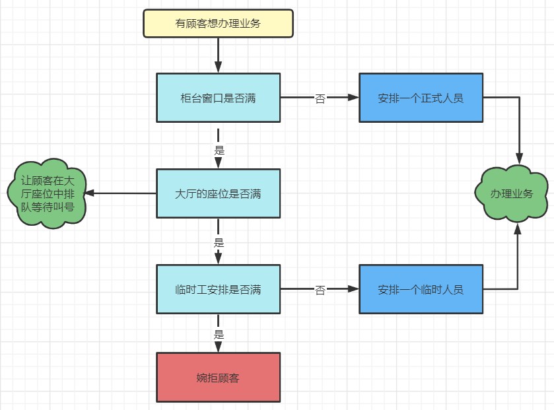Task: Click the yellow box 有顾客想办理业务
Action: pyautogui.click(x=218, y=23)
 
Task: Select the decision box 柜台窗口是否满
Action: pyautogui.click(x=218, y=98)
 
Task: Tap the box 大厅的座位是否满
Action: pyautogui.click(x=218, y=193)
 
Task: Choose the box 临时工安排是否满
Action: pyautogui.click(x=218, y=289)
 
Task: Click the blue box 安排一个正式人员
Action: pyautogui.click(x=421, y=98)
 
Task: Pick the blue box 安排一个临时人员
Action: pyautogui.click(x=421, y=289)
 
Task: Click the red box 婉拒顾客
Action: pyautogui.click(x=218, y=378)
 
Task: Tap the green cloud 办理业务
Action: pyautogui.click(x=512, y=193)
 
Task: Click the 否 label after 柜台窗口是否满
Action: pyautogui.click(x=320, y=98)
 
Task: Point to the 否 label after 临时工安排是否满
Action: pyautogui.click(x=320, y=289)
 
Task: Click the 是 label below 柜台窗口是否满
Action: pyautogui.click(x=219, y=149)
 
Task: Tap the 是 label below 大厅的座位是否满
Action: pyautogui.click(x=219, y=242)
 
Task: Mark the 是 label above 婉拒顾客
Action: pyautogui.click(x=219, y=334)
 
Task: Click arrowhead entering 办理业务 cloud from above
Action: pyautogui.click(x=519, y=159)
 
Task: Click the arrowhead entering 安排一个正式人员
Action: pyautogui.click(x=353, y=98)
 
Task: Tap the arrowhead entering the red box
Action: pyautogui.click(x=218, y=347)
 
